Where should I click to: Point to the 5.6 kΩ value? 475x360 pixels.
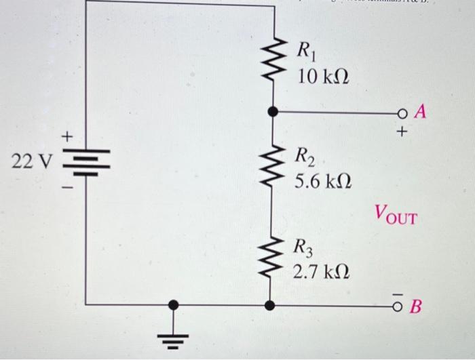322,182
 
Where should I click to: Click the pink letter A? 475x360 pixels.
420,113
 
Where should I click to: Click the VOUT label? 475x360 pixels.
395,218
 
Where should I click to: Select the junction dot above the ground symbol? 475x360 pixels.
175,306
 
